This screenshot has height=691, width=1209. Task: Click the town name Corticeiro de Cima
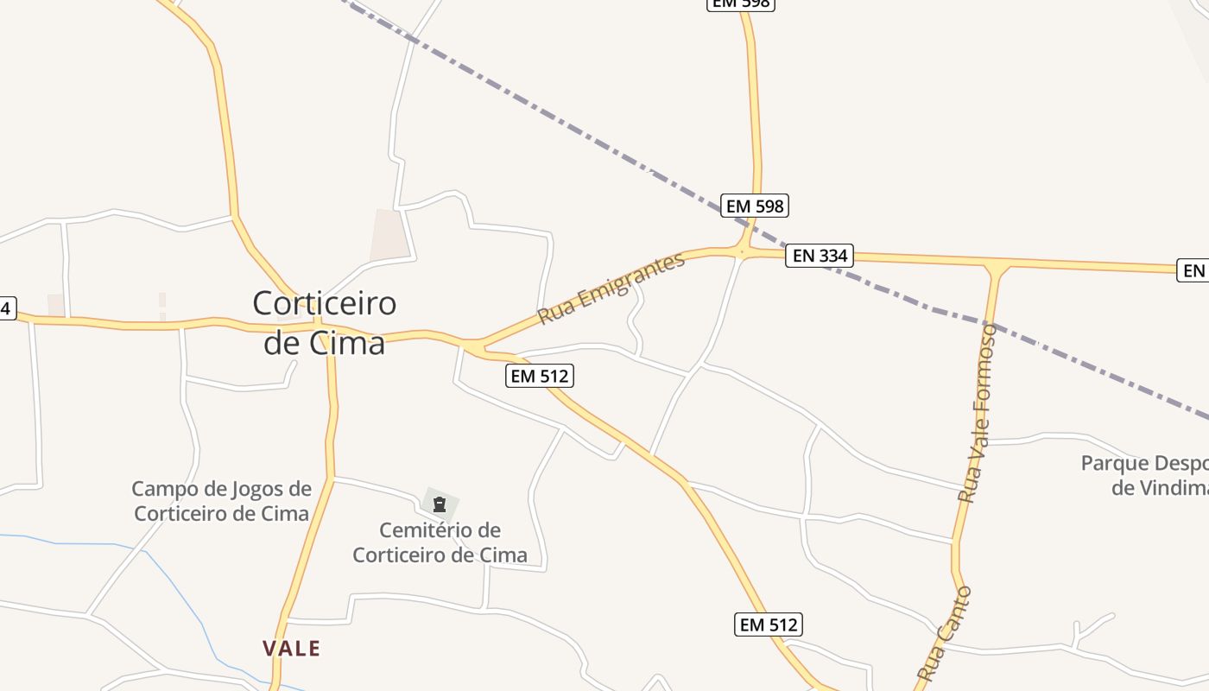[324, 322]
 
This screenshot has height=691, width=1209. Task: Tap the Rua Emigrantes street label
[611, 288]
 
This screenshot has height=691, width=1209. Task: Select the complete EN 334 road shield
[819, 256]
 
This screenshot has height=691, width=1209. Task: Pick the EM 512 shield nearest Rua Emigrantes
[540, 376]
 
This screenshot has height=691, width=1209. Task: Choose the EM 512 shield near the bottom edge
[769, 624]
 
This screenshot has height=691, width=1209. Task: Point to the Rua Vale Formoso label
[978, 413]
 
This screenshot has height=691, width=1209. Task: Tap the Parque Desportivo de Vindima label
[1144, 475]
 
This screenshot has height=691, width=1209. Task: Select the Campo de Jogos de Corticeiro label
[221, 501]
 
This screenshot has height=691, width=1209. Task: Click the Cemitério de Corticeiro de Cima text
[440, 542]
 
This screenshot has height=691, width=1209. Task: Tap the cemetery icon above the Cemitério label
[440, 504]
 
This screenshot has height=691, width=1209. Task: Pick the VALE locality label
[292, 649]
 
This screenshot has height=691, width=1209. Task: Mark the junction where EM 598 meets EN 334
[743, 251]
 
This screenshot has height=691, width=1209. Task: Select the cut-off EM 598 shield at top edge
[741, 3]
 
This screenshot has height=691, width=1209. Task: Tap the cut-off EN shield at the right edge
[1193, 270]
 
